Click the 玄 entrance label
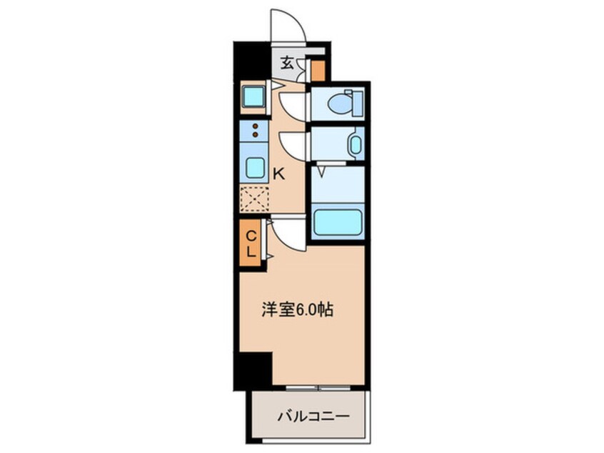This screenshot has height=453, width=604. coord(286,63)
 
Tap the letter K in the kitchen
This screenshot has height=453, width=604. coord(280,172)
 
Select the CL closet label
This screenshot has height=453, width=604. coord(251,243)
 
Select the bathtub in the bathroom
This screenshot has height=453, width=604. coord(338,223)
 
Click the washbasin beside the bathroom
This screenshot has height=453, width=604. coord(355,144)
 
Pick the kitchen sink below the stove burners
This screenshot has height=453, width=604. coord(254,167)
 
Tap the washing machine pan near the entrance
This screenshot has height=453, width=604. coord(253,96)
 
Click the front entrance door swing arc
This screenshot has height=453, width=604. coord(288,26)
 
